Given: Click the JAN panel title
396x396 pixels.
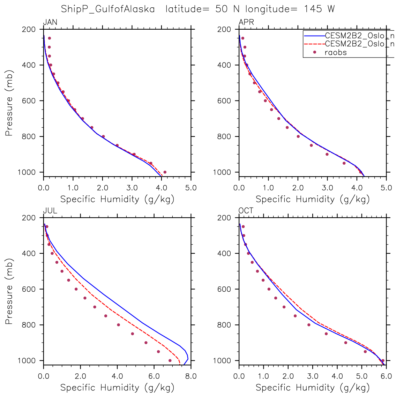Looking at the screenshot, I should (x=50, y=23).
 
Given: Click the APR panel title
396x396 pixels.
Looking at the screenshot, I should (x=246, y=23).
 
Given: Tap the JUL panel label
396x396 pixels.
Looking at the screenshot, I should (x=50, y=211).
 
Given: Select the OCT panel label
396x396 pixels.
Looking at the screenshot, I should (x=246, y=211).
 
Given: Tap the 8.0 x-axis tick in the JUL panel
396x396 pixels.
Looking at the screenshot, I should (x=190, y=376).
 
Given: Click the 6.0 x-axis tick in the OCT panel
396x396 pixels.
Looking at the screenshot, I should (x=386, y=376).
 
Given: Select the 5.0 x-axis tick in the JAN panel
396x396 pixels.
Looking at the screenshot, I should (x=190, y=188).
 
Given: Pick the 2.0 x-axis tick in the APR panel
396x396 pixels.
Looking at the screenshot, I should (x=298, y=188).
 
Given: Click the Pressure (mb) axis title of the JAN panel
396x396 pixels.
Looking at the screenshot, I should (x=9, y=100).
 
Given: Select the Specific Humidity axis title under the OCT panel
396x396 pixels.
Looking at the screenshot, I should (x=313, y=388).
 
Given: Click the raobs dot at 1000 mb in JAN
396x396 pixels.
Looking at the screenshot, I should (x=165, y=172).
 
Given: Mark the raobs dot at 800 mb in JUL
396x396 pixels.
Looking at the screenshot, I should (x=118, y=325).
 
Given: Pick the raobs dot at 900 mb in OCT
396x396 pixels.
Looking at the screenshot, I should (x=345, y=343).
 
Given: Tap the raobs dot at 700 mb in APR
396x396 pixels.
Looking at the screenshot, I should (x=278, y=119).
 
